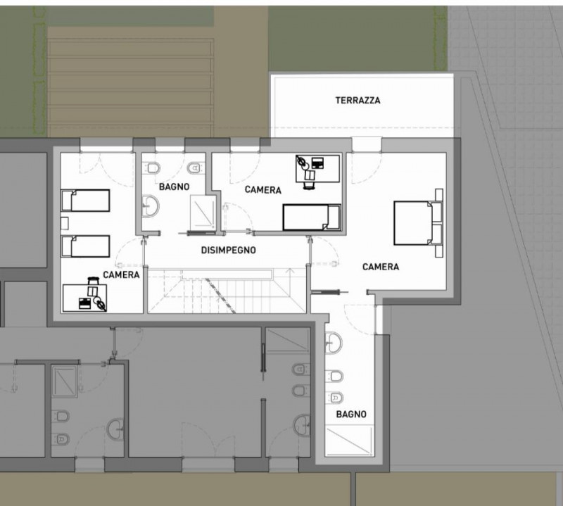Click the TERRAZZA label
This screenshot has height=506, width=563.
[x=358, y=100]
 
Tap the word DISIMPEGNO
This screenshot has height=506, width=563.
[x=228, y=250]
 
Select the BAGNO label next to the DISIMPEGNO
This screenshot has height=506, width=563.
[x=174, y=186]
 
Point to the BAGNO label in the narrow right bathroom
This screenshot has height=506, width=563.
[x=351, y=414]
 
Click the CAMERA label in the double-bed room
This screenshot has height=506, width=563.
[x=381, y=267]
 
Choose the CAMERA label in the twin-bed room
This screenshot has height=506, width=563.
[x=121, y=274]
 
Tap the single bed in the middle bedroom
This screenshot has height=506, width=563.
[x=312, y=217]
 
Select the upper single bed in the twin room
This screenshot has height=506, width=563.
[x=85, y=201]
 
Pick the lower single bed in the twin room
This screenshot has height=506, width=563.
[x=85, y=246]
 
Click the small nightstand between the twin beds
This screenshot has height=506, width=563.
[x=65, y=223]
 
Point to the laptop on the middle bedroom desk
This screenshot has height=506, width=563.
[x=317, y=163]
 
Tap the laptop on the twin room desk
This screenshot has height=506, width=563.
[x=84, y=303]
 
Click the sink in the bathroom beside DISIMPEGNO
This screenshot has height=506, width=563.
[x=150, y=205]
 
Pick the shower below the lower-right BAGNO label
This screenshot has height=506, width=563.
[x=349, y=441]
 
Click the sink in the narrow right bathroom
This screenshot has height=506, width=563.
[x=334, y=342]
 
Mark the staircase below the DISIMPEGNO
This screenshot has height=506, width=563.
[x=227, y=291]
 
